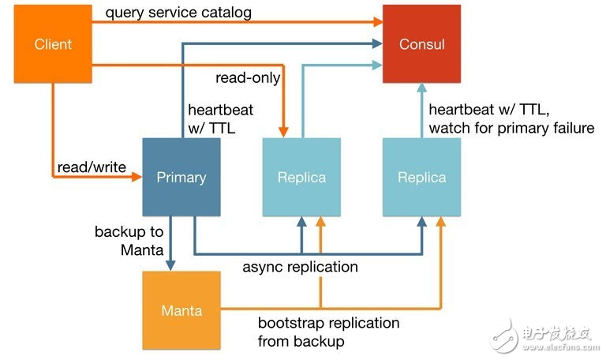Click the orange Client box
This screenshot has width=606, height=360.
tap(53, 43)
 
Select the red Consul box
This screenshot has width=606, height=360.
tap(421, 43)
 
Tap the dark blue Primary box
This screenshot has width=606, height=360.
tap(181, 177)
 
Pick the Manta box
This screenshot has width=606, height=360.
tap(181, 310)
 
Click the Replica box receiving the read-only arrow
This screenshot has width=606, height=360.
tap(301, 177)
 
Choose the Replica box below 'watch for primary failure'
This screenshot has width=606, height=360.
tap(421, 177)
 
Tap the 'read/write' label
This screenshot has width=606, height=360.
tap(92, 167)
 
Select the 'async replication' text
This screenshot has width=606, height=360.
tap(300, 267)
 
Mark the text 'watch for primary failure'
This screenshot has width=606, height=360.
tap(511, 128)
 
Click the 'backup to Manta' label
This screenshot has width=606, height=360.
tap(129, 242)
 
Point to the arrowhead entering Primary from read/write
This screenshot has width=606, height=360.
tap(137, 178)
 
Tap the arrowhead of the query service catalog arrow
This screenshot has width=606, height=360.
tap(377, 23)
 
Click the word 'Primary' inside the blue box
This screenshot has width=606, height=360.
tap(181, 177)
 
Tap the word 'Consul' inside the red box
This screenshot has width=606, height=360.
tap(421, 44)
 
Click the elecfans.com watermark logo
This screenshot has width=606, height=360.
tap(544, 336)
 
